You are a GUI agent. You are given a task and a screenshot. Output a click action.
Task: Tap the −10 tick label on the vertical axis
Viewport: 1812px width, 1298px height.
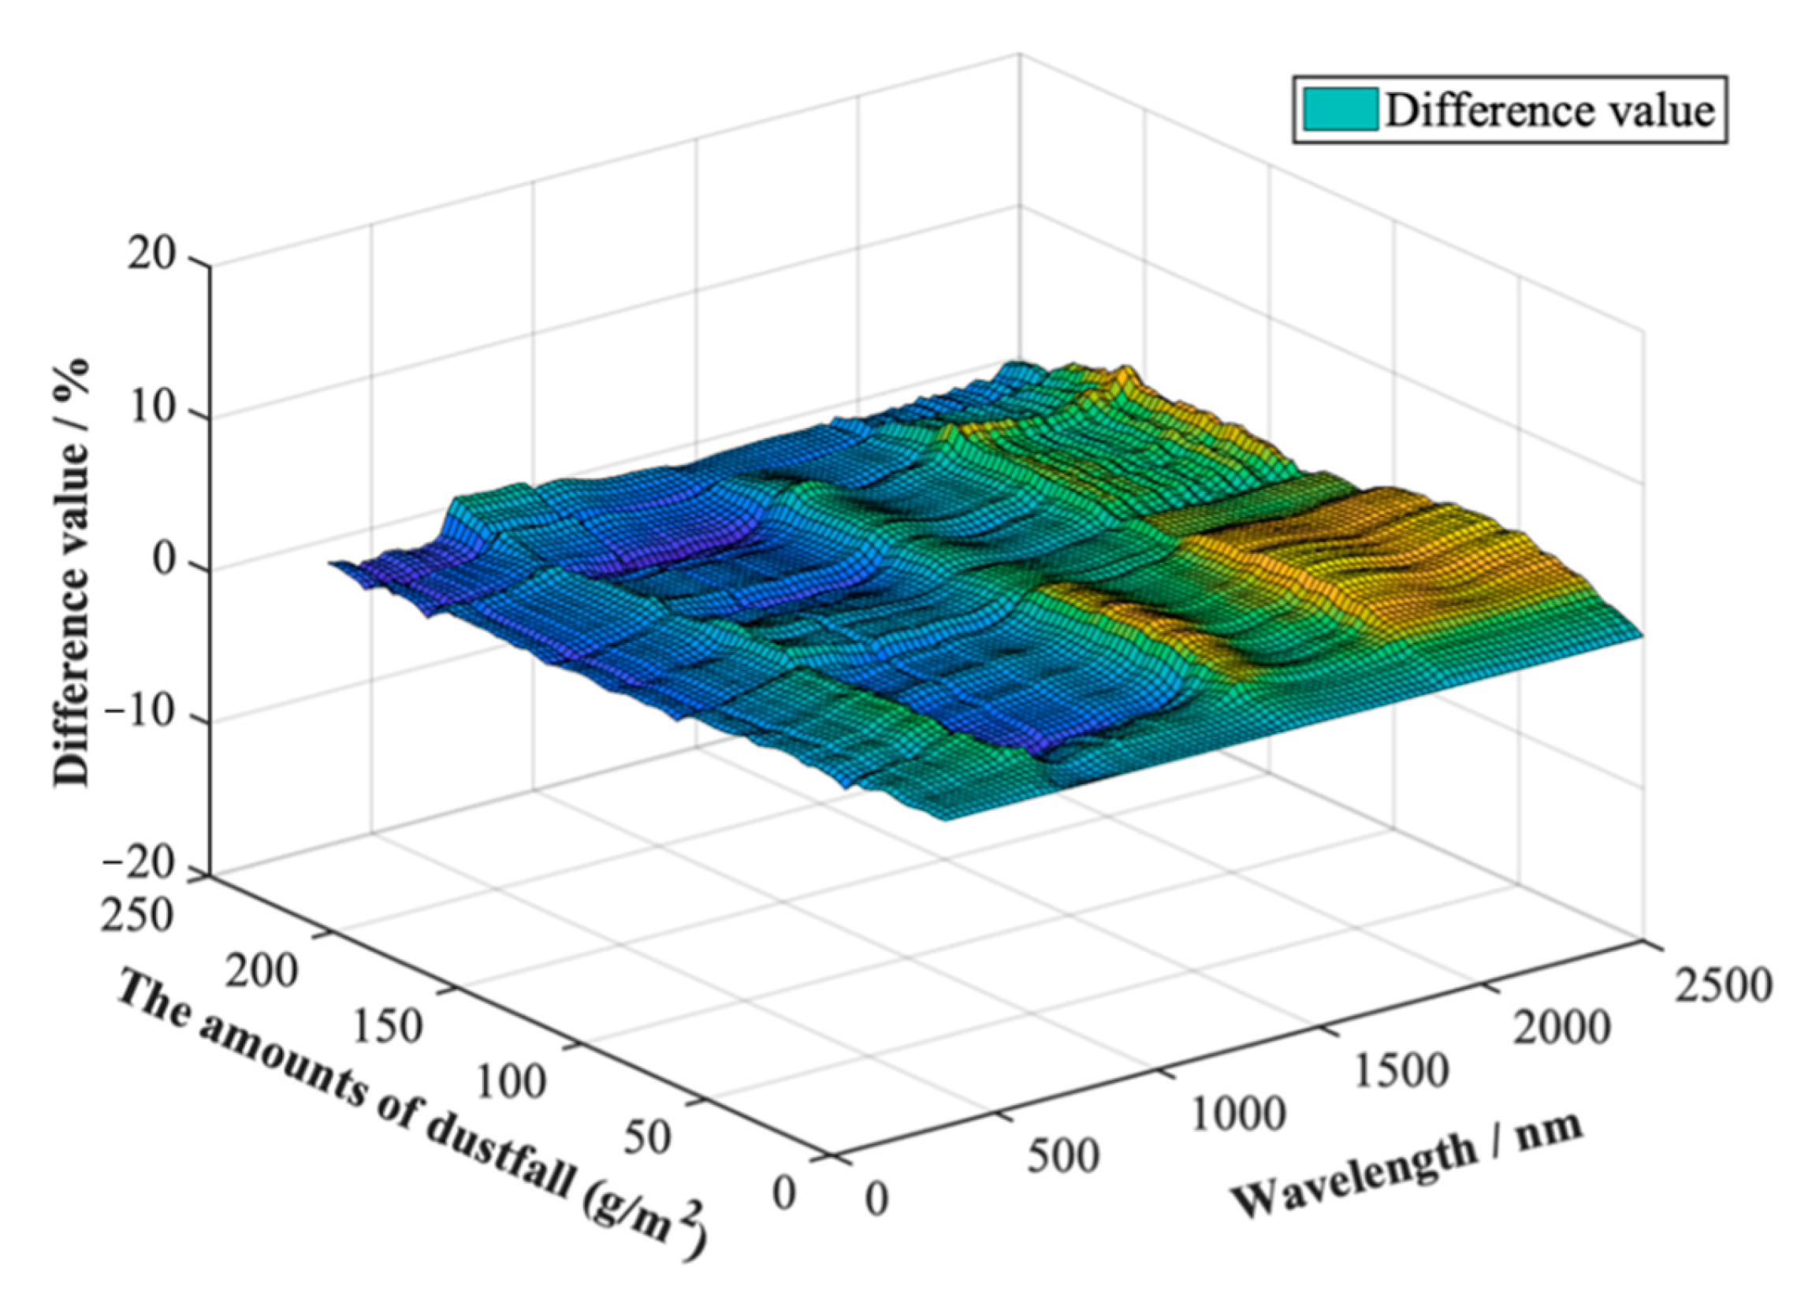coord(141,713)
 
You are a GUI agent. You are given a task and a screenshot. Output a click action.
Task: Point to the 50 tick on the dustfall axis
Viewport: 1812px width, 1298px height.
coord(645,1137)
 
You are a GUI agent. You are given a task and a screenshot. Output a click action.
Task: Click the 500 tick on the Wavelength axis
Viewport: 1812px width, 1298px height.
coord(1062,1155)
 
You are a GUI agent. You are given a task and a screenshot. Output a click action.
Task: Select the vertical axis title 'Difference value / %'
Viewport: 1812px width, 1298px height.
coord(71,572)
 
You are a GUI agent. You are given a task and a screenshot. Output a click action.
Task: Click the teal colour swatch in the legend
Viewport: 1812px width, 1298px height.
coord(1340,109)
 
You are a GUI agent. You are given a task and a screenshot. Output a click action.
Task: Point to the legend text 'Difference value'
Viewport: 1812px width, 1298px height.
coord(1550,111)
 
